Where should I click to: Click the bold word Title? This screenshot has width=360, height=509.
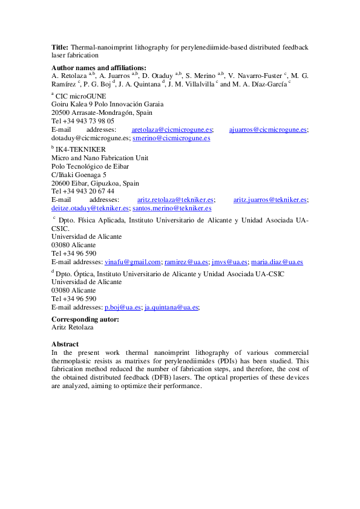tap(60, 47)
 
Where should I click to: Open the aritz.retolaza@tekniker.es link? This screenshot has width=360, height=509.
tap(175, 199)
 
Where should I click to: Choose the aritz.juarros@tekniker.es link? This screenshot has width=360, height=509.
tap(270, 199)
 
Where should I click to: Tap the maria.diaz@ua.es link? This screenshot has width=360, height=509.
tap(277, 262)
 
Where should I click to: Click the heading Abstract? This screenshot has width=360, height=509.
tap(65, 344)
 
